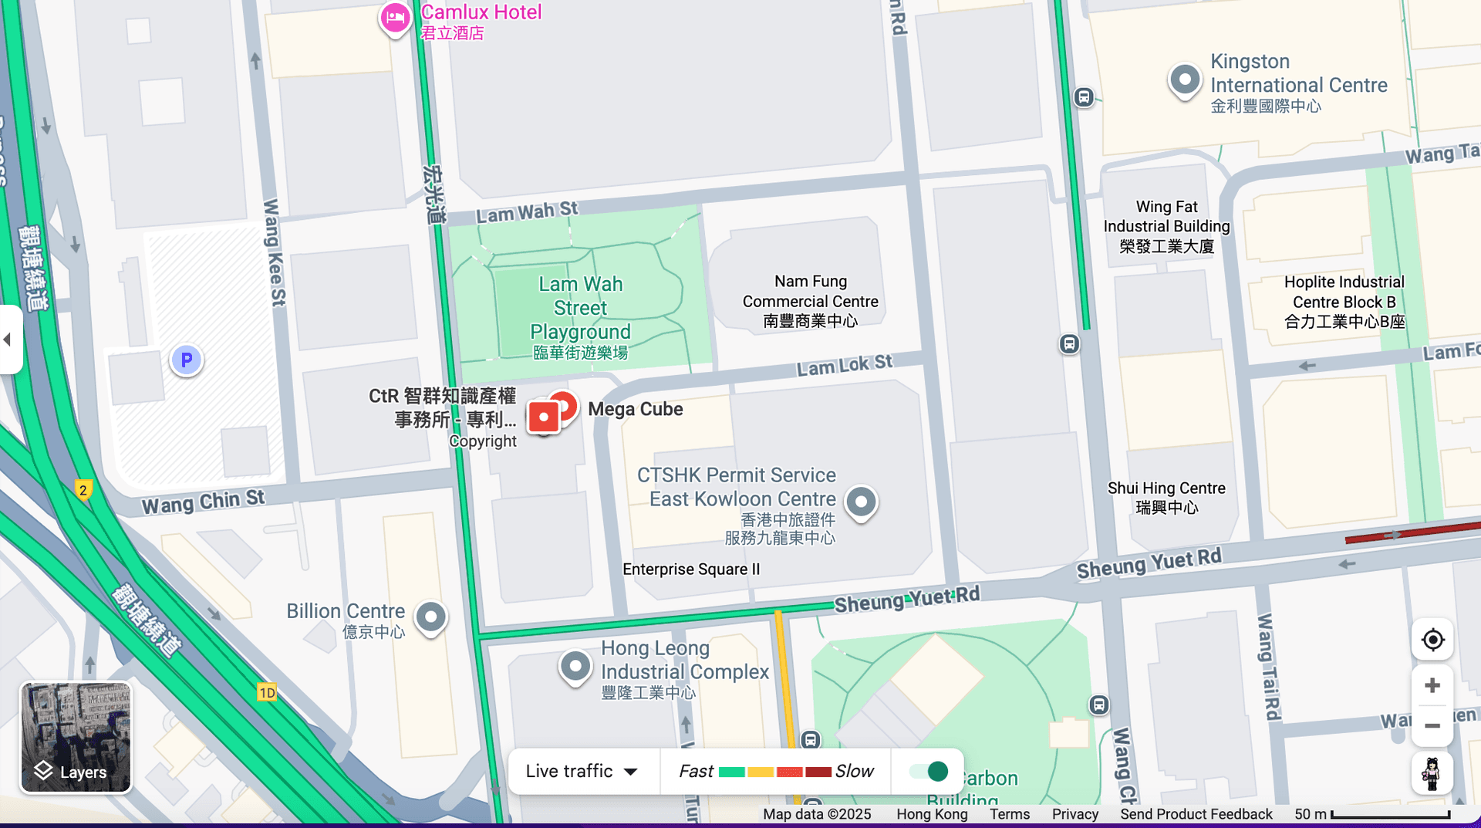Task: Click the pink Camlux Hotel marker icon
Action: (395, 18)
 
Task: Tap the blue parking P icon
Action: (186, 360)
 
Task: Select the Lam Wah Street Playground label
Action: (580, 317)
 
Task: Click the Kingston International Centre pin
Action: (1185, 79)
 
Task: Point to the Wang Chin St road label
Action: (203, 502)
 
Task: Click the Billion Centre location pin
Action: (431, 617)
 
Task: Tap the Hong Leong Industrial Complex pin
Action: (575, 666)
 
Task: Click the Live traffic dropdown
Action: (582, 771)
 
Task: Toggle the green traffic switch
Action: (929, 771)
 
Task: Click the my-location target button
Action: (1432, 640)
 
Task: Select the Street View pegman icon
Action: (1432, 773)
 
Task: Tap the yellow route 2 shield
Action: (83, 490)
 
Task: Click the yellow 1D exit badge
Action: (267, 692)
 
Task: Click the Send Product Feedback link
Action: (1196, 814)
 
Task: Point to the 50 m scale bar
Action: (1389, 815)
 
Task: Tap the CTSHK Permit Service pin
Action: (861, 502)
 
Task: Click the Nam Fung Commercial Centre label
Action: (810, 301)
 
